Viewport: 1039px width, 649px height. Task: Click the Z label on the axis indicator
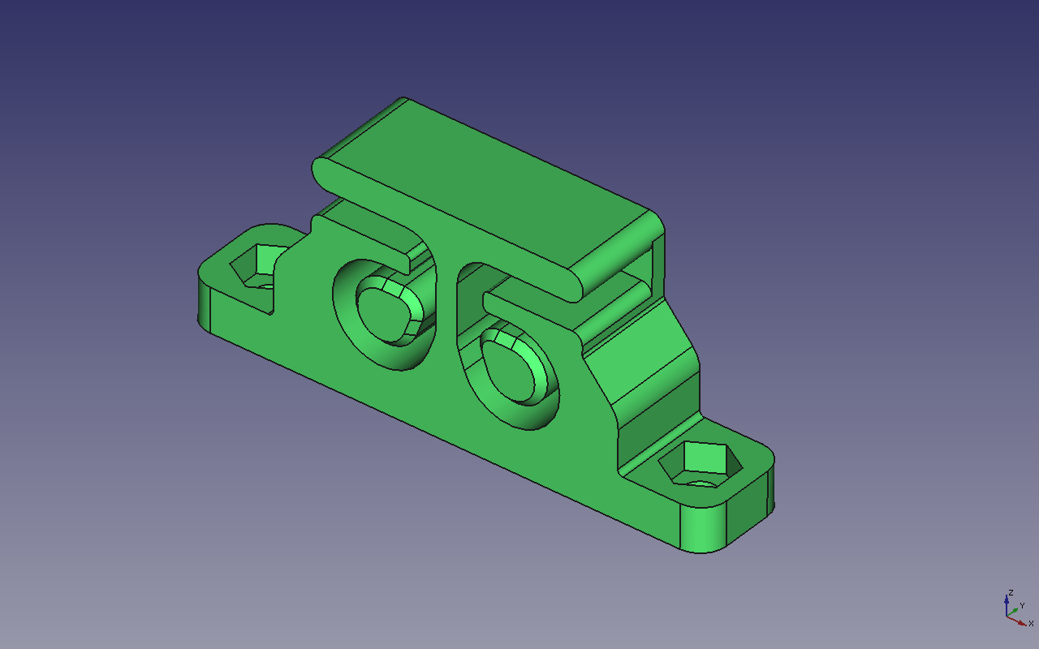(x=1011, y=593)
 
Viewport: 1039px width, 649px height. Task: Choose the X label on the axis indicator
(x=1031, y=623)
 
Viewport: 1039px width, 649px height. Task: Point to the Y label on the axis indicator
(x=1022, y=605)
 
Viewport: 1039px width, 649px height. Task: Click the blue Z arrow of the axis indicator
(x=1007, y=605)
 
